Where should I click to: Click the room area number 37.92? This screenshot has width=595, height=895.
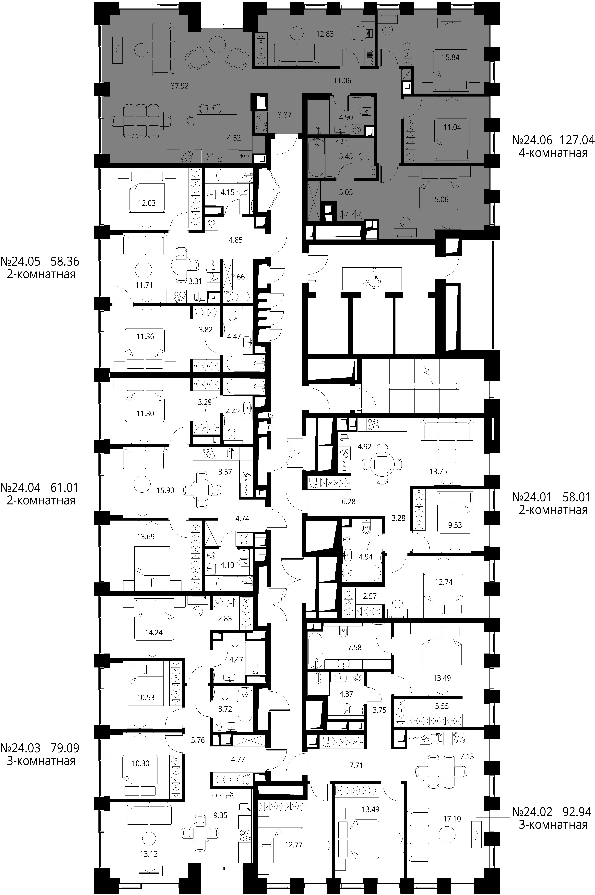point(179,86)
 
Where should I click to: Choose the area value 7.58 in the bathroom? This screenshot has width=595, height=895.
point(355,647)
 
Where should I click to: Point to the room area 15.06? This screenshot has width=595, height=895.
point(439,199)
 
